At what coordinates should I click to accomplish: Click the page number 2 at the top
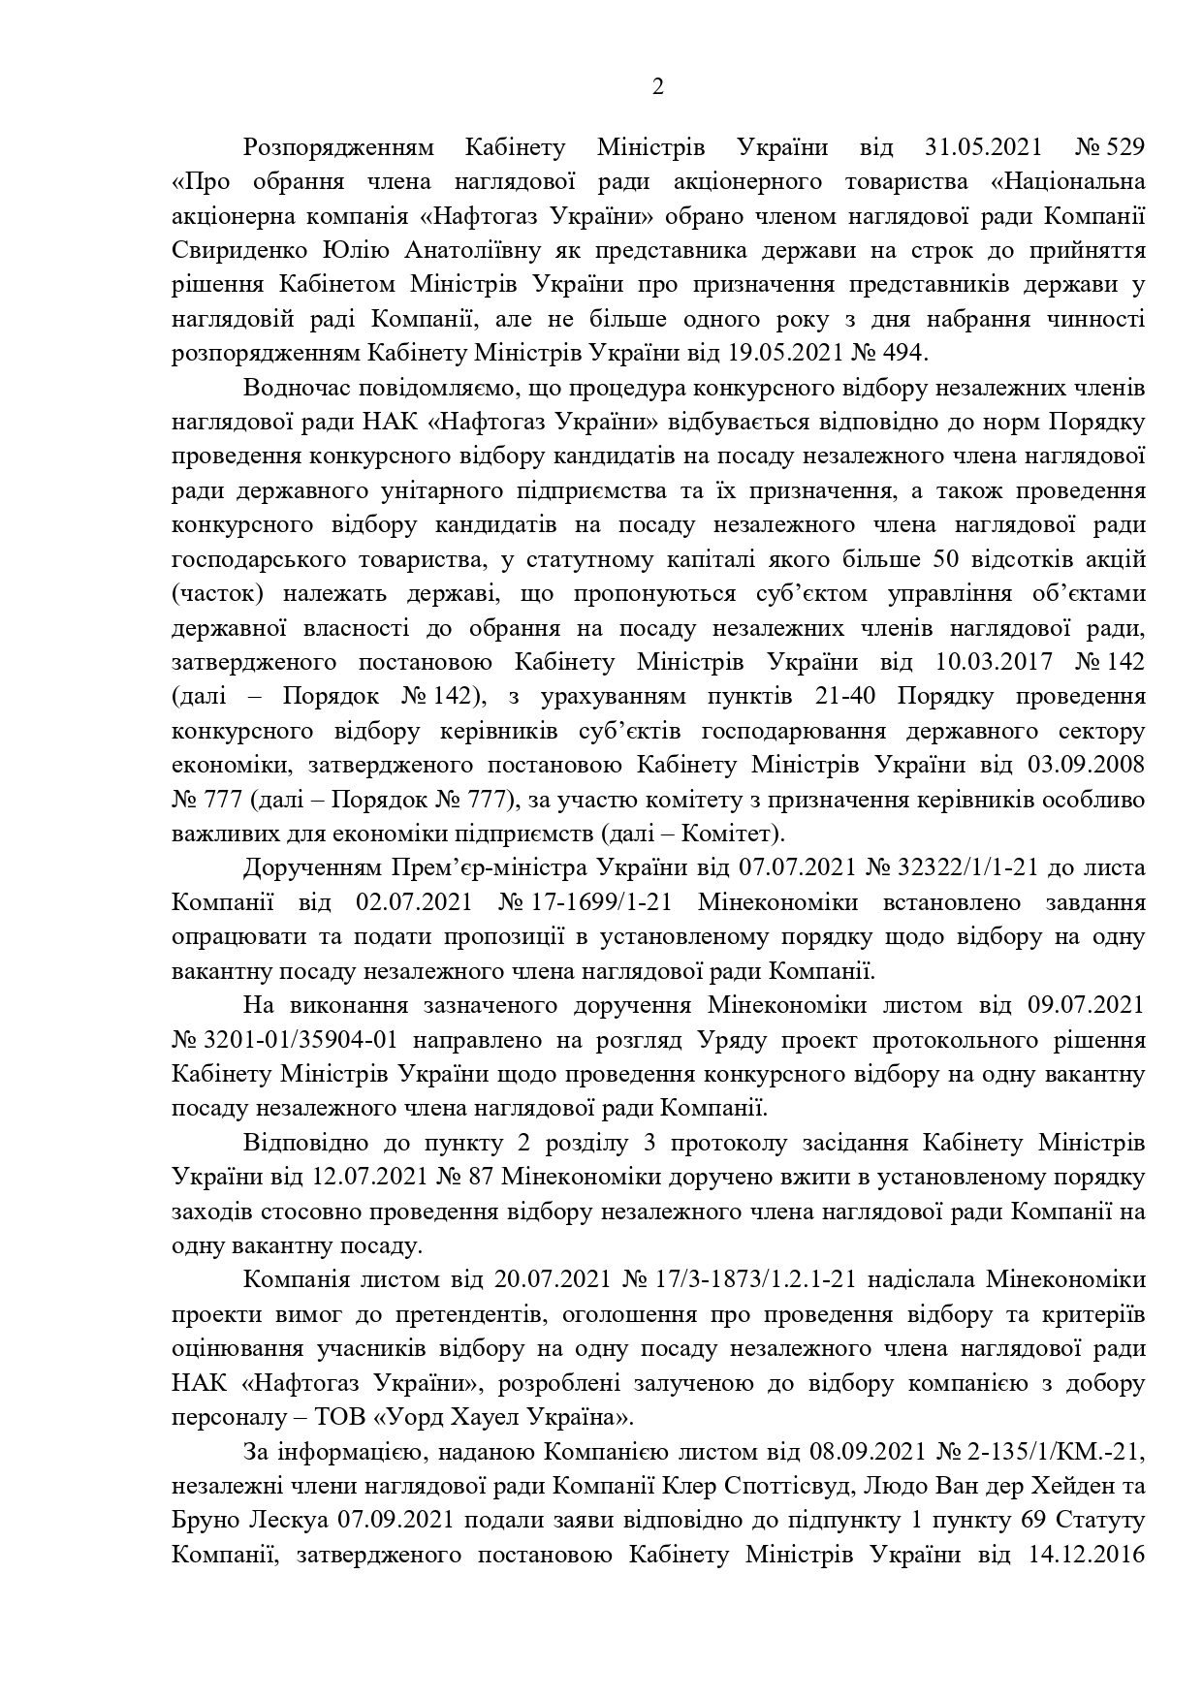point(658,88)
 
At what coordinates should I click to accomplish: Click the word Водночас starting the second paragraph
point(298,389)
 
